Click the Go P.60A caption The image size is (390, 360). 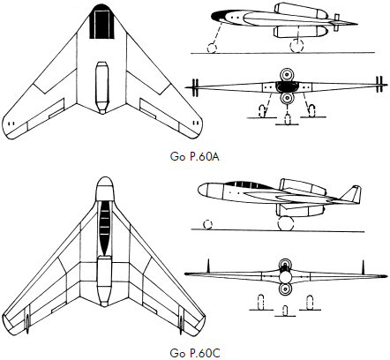[x=195, y=157]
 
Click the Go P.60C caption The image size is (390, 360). [x=195, y=353]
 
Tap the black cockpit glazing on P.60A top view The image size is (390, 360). [x=101, y=22]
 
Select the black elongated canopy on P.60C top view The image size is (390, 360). [x=105, y=228]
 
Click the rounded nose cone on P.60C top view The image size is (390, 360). [x=105, y=188]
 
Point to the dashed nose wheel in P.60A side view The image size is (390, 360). [x=212, y=48]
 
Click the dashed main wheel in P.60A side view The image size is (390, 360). [x=296, y=46]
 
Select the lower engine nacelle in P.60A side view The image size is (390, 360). [x=300, y=32]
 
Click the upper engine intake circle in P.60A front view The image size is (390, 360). [x=286, y=75]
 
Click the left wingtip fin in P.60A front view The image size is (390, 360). [x=195, y=87]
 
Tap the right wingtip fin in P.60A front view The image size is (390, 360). [x=379, y=85]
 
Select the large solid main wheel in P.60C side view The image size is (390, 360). [x=285, y=223]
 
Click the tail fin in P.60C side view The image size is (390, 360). [x=351, y=195]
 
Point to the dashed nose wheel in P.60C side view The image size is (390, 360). [x=207, y=224]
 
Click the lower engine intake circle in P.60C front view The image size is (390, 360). [x=285, y=289]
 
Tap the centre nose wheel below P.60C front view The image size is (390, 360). [x=285, y=311]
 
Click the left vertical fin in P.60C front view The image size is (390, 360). [x=208, y=266]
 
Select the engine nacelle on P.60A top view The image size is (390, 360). [x=101, y=87]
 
